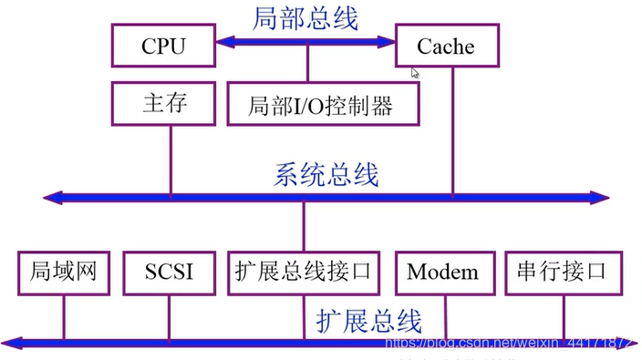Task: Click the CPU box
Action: [162, 46]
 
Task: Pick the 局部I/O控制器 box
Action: [320, 105]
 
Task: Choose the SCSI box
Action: [169, 272]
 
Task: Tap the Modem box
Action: [442, 272]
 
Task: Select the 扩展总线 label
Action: [368, 320]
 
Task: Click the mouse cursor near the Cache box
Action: [416, 73]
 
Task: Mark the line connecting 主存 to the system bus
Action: [171, 159]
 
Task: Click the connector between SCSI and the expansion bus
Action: [169, 317]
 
